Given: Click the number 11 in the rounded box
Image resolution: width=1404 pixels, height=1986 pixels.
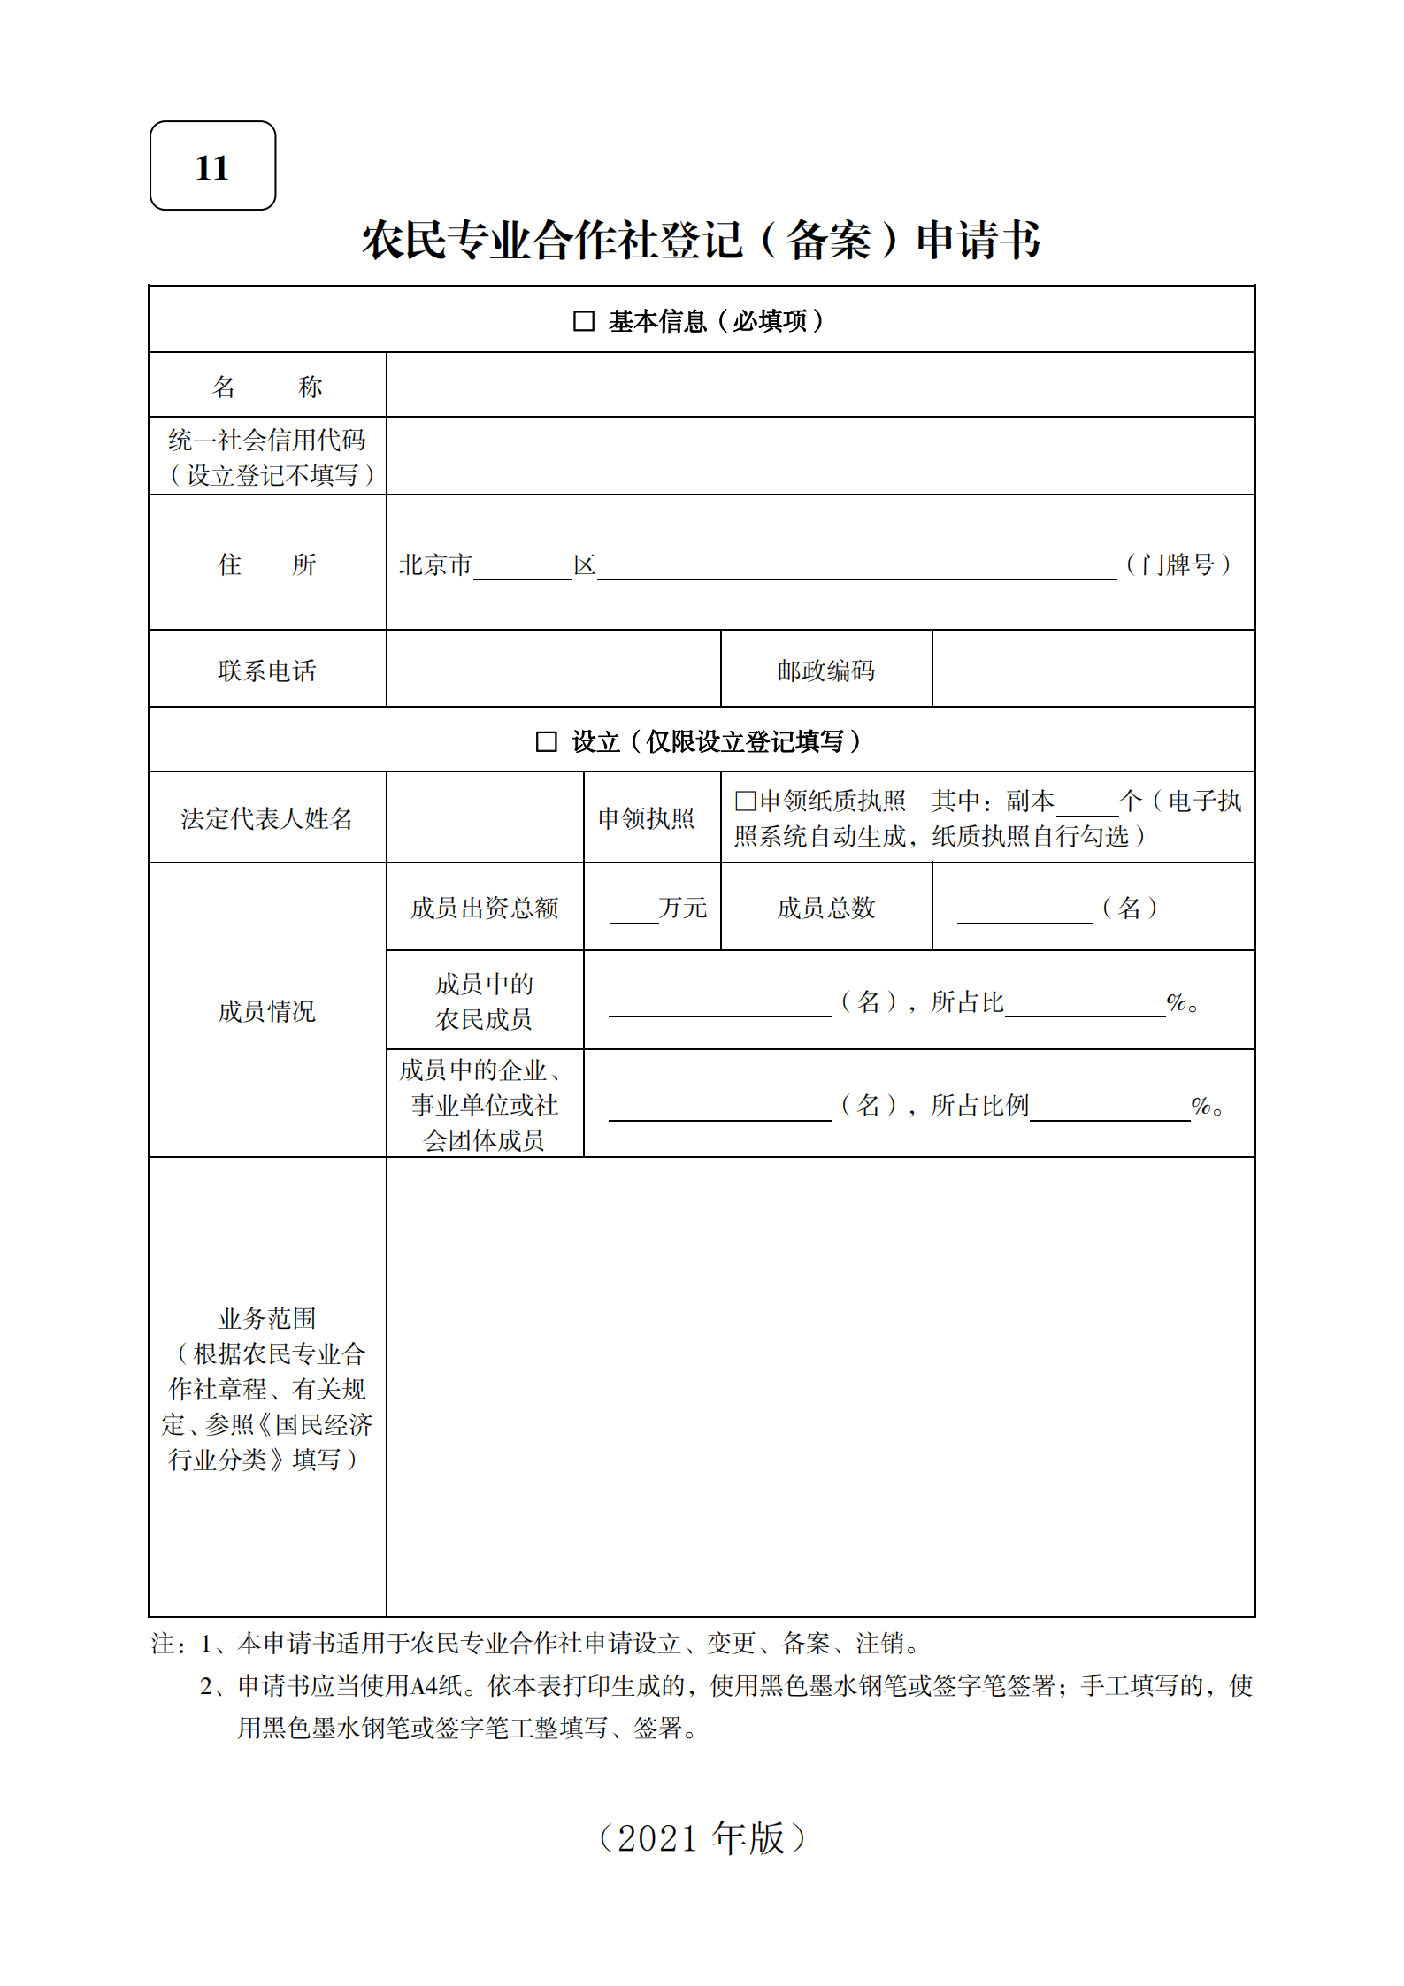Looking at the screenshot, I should click(212, 167).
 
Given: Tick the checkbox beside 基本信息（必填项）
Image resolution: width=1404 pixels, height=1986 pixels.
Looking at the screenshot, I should click(583, 321).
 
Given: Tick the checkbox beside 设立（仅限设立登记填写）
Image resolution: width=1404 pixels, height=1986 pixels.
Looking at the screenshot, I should click(546, 741).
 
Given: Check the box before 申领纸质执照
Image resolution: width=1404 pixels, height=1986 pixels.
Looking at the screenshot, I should click(745, 801).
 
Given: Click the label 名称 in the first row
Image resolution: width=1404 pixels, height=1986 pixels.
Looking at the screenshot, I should click(266, 387).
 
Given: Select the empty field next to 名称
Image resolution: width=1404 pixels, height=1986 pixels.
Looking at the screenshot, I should click(819, 386).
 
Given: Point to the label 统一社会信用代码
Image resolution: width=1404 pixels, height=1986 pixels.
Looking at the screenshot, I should click(266, 440).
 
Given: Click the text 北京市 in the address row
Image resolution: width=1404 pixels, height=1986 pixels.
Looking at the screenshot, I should click(435, 564).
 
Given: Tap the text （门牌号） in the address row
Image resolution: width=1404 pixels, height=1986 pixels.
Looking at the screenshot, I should click(1178, 564).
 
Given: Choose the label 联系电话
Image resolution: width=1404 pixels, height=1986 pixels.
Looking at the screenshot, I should click(266, 671).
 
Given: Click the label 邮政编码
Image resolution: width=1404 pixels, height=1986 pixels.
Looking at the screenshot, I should click(825, 671).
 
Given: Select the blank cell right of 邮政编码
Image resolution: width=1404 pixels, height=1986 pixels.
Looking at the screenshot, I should click(1093, 670).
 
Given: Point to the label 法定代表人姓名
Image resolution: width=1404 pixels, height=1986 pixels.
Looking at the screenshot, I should click(266, 819).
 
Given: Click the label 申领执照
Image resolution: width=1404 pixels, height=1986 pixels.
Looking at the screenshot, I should click(646, 819).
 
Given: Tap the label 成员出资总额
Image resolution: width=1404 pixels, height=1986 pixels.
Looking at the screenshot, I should click(484, 908).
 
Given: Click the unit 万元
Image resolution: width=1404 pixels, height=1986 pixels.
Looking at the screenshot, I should click(683, 908).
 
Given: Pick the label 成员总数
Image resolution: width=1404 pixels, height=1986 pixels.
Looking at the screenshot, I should click(825, 908).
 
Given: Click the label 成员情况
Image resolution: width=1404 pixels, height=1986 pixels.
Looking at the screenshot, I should click(266, 1011).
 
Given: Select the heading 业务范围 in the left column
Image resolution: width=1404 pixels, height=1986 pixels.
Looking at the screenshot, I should click(266, 1318).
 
